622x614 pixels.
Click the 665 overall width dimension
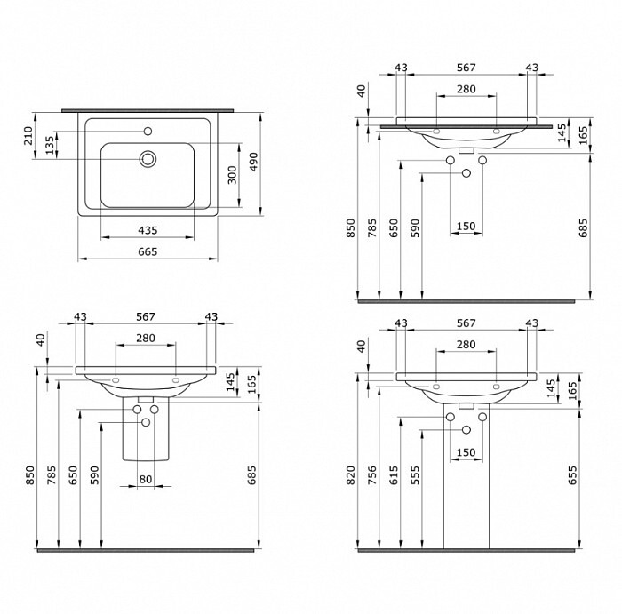point(148,251)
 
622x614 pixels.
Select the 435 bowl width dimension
point(148,230)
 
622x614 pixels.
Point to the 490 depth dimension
point(253,162)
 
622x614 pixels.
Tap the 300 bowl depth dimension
point(232,175)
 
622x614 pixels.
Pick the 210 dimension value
point(28,136)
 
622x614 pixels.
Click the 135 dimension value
point(49,145)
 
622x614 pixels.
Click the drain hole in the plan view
point(148,159)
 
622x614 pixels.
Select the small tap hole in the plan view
point(148,131)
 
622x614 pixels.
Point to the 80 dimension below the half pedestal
point(146,480)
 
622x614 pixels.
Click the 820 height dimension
point(351,475)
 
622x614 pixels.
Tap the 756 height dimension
point(372,475)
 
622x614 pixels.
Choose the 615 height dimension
point(394,475)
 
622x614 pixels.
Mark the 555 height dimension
point(415,475)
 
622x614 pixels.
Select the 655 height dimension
point(572,475)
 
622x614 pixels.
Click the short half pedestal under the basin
point(146,430)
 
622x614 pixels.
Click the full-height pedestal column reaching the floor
point(466,476)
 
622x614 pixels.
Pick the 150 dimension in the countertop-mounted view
point(466,227)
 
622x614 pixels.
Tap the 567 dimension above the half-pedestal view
point(146,317)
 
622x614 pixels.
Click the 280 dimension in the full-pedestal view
point(466,345)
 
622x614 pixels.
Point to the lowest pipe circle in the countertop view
point(466,173)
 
